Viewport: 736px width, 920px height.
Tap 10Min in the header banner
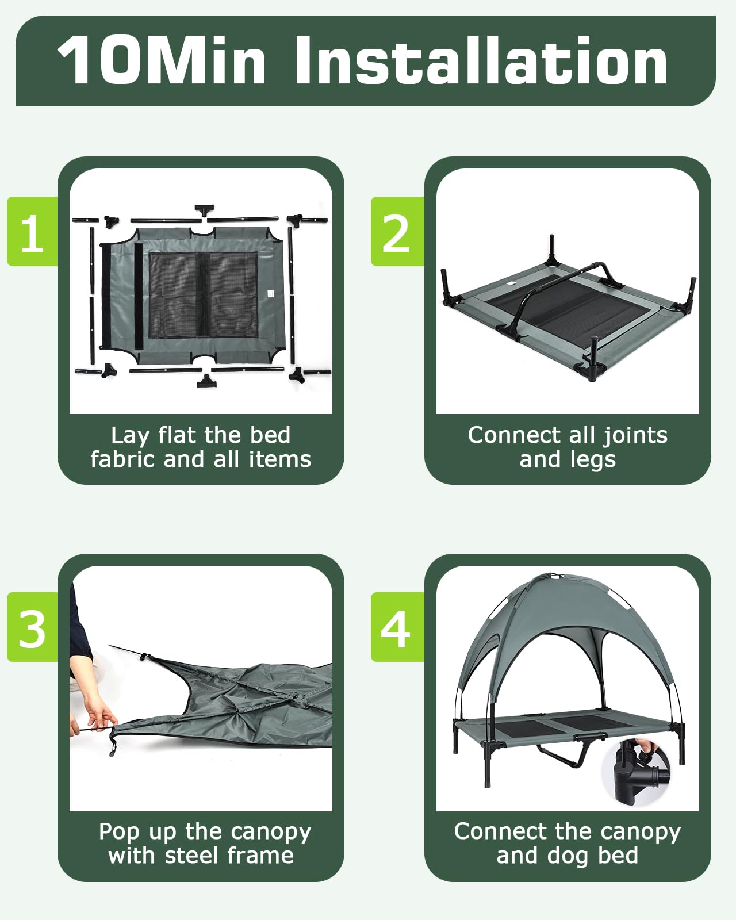coord(162,60)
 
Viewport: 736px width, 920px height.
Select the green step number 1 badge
coord(33,231)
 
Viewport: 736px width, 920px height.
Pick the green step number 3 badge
coord(33,627)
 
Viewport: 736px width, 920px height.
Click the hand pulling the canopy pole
coord(98,715)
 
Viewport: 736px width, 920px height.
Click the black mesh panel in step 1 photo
coord(203,295)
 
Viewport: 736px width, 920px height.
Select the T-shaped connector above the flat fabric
coord(204,212)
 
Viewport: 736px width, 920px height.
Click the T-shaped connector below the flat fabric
coord(206,381)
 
